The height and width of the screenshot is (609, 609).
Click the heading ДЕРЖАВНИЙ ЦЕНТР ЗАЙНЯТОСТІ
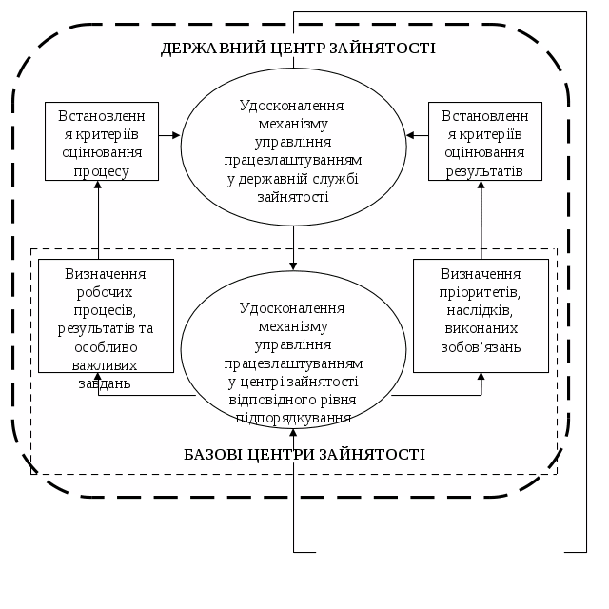(x=298, y=48)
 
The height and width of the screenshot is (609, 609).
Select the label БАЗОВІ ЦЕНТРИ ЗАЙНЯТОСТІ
(x=304, y=454)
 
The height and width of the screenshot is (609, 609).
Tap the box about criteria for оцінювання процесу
(x=102, y=141)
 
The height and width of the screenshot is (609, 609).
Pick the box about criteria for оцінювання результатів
(x=484, y=141)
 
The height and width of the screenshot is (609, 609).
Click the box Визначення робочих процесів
(x=106, y=315)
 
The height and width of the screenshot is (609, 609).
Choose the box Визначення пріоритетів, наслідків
(x=481, y=315)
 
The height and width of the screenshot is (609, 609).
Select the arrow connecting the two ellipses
(x=293, y=247)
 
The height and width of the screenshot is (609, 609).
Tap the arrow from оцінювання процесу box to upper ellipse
(x=169, y=135)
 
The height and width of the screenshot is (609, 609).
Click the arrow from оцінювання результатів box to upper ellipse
(x=418, y=135)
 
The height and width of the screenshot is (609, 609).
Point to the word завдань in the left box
(x=104, y=383)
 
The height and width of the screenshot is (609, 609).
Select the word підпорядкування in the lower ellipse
(x=293, y=418)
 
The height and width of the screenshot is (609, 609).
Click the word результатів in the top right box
(x=484, y=171)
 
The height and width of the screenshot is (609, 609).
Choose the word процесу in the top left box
(x=102, y=171)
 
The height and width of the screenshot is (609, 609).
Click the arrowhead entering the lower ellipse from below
(x=293, y=436)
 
